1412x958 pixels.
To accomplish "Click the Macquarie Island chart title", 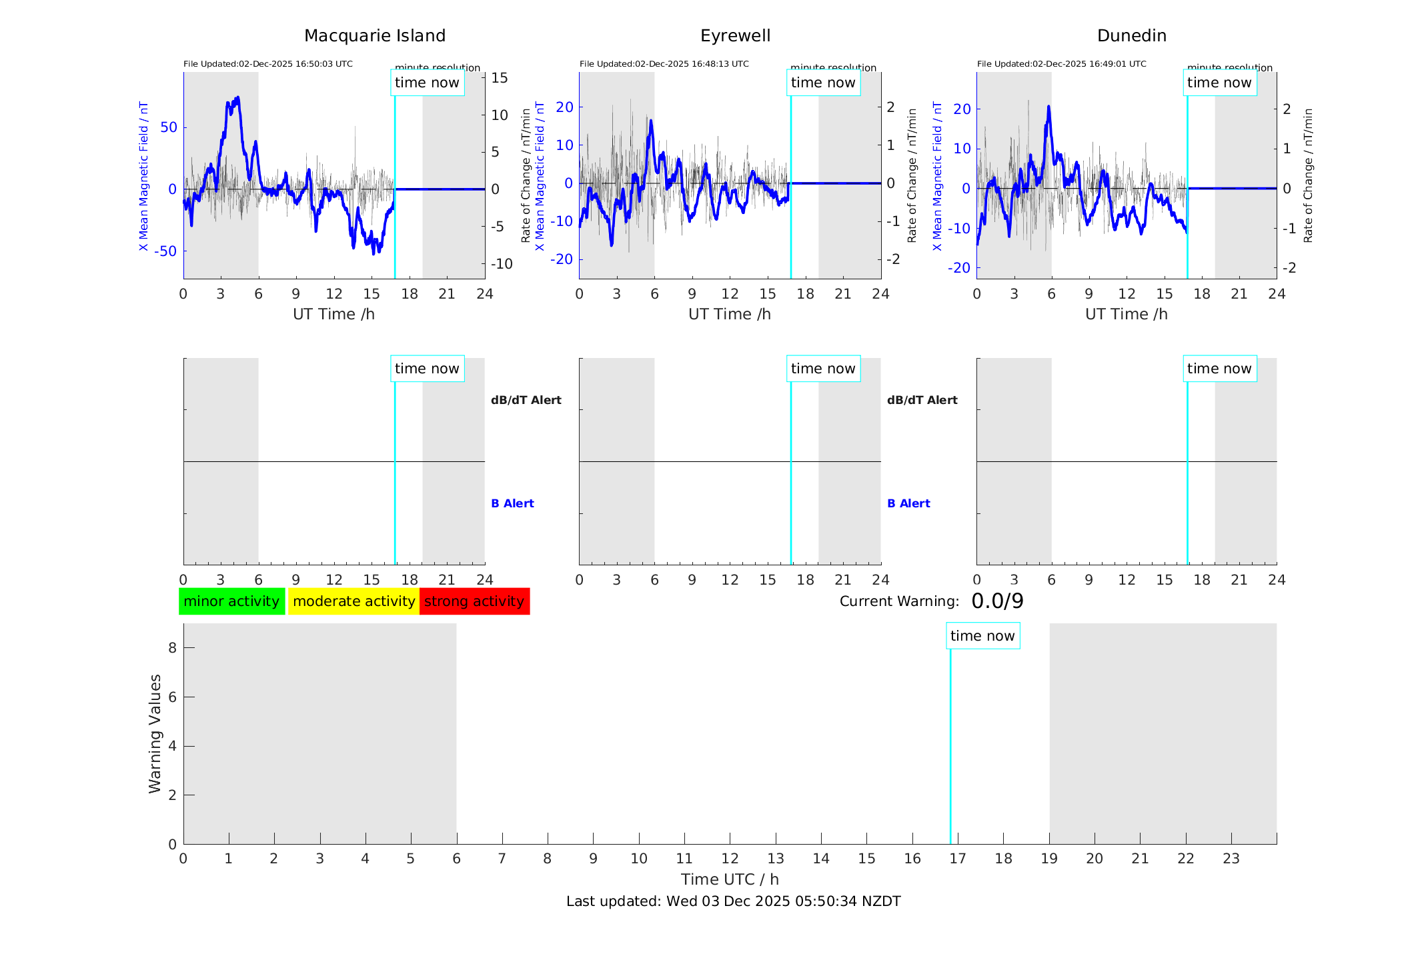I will pos(374,36).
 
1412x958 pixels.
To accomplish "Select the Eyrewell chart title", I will pos(735,36).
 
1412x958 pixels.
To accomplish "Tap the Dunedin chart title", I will pos(1131,36).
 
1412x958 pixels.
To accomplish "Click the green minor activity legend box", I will pos(231,601).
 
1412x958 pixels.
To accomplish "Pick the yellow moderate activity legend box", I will pos(354,601).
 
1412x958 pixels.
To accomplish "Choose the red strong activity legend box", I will pos(474,601).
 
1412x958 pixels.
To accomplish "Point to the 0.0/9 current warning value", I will pos(997,601).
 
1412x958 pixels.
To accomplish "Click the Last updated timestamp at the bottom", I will pos(733,901).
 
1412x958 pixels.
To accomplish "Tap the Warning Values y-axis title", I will pos(155,733).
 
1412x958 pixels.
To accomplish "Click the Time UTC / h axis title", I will pos(730,879).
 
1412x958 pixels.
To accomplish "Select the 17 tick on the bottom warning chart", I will pos(958,859).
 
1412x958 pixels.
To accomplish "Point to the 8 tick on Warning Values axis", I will pos(172,647).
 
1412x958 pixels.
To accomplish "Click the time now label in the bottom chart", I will pos(982,636).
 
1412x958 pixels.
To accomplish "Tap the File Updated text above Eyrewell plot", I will pos(664,64).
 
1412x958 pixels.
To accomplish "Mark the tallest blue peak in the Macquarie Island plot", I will pos(237,98).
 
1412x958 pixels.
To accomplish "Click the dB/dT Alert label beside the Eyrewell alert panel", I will pos(922,400).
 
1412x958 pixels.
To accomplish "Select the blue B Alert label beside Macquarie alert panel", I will pos(512,503).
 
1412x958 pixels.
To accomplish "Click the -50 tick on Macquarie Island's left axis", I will pos(166,251).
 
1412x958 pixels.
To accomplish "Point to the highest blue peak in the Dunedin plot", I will pos(1048,107).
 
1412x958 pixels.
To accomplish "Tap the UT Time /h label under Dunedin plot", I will pos(1126,314).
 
